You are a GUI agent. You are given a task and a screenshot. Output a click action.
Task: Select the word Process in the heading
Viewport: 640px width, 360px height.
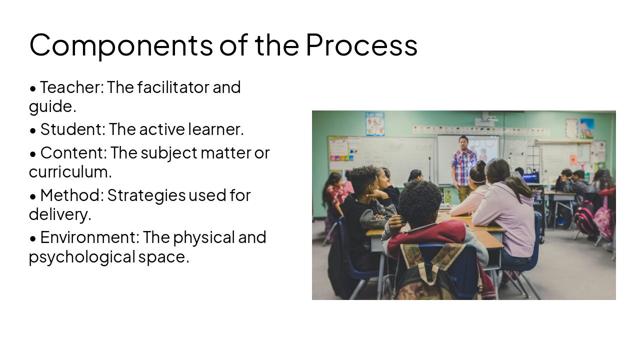[x=361, y=45]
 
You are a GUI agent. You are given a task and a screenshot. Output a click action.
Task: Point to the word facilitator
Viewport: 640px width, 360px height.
[x=173, y=87]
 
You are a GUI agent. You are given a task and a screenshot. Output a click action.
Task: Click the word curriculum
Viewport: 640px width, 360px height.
[x=70, y=172]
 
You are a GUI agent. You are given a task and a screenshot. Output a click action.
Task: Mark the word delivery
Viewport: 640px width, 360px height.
[x=59, y=214]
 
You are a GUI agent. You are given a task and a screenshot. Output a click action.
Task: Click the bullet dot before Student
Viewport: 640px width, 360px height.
[x=33, y=130]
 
